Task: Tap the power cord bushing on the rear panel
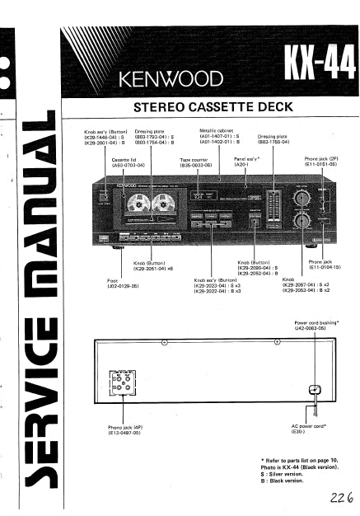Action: (x=312, y=390)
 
